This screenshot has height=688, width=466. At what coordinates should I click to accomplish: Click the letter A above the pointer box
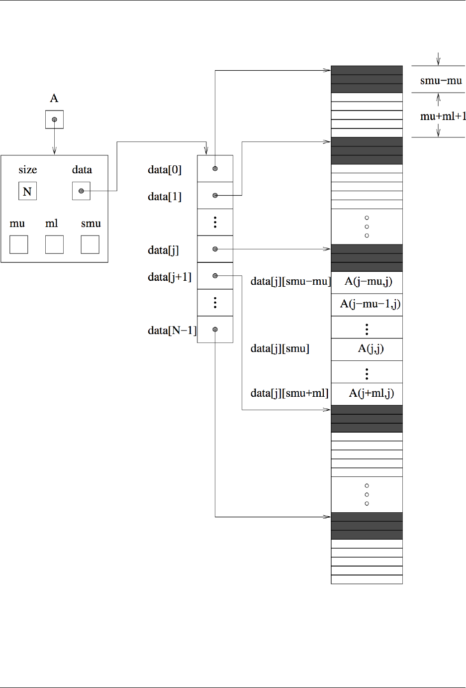[x=54, y=98]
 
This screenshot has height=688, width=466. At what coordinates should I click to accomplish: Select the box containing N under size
[x=27, y=191]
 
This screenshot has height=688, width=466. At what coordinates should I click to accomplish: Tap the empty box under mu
[x=18, y=244]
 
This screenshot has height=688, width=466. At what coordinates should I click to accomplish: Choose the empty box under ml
[x=54, y=244]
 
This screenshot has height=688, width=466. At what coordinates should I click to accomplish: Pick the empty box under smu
[x=90, y=244]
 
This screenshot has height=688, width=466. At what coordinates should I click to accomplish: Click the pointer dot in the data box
[x=81, y=191]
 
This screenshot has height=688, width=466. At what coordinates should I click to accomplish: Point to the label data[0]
[x=165, y=170]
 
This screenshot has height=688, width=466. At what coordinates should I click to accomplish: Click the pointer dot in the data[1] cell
[x=215, y=196]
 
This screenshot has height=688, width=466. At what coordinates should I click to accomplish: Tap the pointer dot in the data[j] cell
[x=215, y=249]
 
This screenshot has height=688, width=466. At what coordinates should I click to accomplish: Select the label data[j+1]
[x=170, y=277]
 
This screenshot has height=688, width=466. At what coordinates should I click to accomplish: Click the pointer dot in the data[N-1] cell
[x=215, y=330]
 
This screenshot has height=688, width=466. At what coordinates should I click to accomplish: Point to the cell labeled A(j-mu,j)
[x=368, y=282]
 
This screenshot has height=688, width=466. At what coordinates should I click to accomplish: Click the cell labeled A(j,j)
[x=371, y=348]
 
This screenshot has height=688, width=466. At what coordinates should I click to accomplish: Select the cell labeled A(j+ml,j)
[x=371, y=393]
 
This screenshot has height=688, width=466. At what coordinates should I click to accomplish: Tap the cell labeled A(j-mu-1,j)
[x=370, y=304]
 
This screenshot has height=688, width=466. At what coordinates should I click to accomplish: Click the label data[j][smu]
[x=280, y=348]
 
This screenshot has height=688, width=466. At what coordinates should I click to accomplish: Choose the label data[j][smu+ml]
[x=289, y=393]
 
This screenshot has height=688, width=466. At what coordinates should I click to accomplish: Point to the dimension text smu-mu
[x=441, y=81]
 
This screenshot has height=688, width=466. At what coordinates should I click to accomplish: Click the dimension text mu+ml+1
[x=443, y=116]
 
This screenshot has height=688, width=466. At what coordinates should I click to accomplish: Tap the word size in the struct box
[x=28, y=170]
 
